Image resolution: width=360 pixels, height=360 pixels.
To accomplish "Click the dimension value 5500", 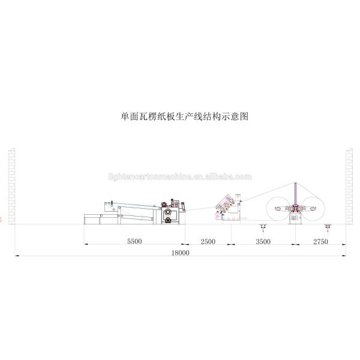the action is click(134, 241).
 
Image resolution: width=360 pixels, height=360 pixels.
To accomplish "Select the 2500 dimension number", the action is click(208, 241).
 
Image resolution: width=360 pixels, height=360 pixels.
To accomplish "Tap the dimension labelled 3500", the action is click(263, 241).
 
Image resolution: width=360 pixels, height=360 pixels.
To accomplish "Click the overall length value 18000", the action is click(179, 253).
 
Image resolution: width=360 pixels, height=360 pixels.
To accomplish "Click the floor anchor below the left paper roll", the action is click(262, 226).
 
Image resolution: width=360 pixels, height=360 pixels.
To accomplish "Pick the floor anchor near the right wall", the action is click(328, 226).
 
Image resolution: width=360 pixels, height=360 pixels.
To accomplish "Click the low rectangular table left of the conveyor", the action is click(99, 218).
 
